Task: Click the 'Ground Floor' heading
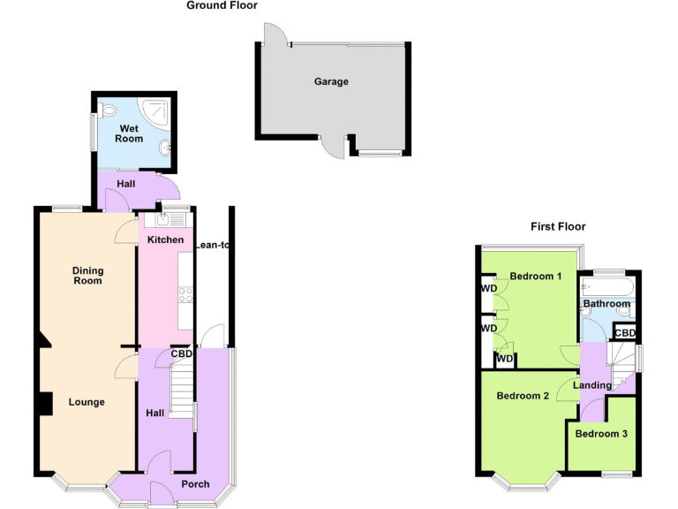[222, 5]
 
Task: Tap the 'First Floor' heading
[558, 226]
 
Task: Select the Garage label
[331, 82]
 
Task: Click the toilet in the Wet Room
[108, 112]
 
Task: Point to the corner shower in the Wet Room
[160, 110]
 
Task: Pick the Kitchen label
[165, 239]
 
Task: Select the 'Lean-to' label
[212, 245]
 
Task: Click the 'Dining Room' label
[88, 276]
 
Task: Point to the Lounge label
[87, 402]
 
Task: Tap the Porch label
[195, 484]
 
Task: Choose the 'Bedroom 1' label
[536, 276]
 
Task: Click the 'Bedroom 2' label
[523, 395]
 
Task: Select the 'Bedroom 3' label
[601, 433]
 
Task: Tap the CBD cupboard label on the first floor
[626, 332]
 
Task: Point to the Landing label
[591, 385]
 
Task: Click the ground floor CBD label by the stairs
[182, 353]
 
